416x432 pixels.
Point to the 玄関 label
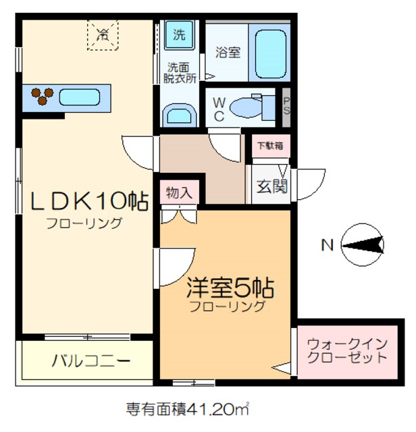[271, 186]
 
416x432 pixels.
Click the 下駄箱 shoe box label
[269, 145]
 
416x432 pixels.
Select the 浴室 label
[228, 51]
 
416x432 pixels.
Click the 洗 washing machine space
[179, 35]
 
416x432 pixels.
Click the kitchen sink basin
[80, 98]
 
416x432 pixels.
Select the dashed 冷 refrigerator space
[103, 34]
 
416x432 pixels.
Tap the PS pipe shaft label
[286, 107]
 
